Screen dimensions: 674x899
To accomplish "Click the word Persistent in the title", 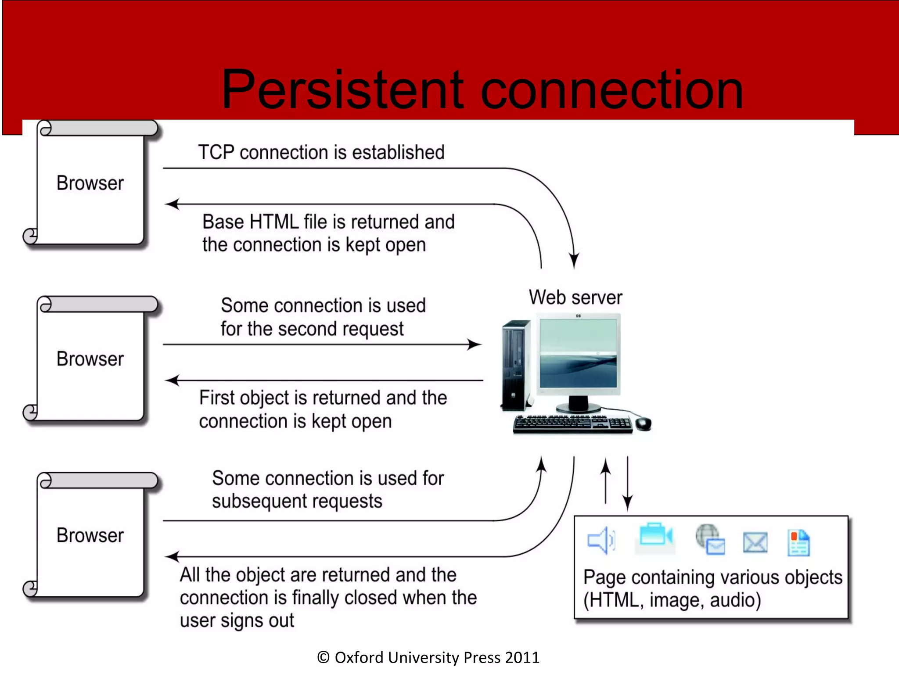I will pos(342,90).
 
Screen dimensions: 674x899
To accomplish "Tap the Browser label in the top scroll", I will pos(90,183).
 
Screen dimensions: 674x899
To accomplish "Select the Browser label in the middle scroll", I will pos(90,359).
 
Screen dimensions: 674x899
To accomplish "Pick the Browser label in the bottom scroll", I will pos(90,535).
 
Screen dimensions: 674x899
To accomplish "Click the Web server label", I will pos(575,298).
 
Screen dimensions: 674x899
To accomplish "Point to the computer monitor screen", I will pos(578,353).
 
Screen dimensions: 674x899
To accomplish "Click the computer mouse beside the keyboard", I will pos(644,423).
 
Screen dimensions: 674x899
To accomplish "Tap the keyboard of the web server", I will pos(573,424).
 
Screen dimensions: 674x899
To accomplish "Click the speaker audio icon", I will pos(601,540).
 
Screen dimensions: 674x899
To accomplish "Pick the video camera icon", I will pos(655,536).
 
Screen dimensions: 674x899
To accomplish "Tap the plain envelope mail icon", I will pos(755,542).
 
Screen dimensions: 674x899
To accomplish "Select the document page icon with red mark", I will pos(798,543).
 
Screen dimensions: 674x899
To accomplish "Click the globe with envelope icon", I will pos(710,539).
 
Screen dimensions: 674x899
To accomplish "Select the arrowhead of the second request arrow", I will pos(475,344).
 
